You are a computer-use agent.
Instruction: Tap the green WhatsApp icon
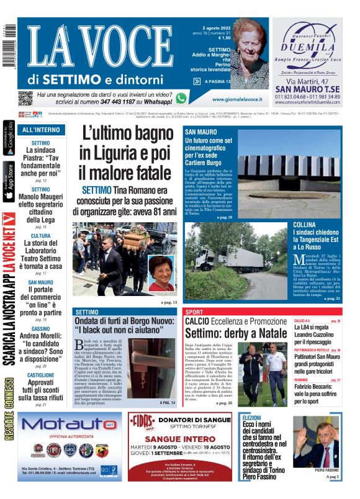pos(181,97)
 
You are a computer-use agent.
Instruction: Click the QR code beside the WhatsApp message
pos(25,98)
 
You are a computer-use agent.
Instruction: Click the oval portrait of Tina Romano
pos(161,273)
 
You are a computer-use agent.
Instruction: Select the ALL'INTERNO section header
pos(41,130)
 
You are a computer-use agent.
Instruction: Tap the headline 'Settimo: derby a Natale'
pos(236,333)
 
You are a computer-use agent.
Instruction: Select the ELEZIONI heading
pos(255,418)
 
